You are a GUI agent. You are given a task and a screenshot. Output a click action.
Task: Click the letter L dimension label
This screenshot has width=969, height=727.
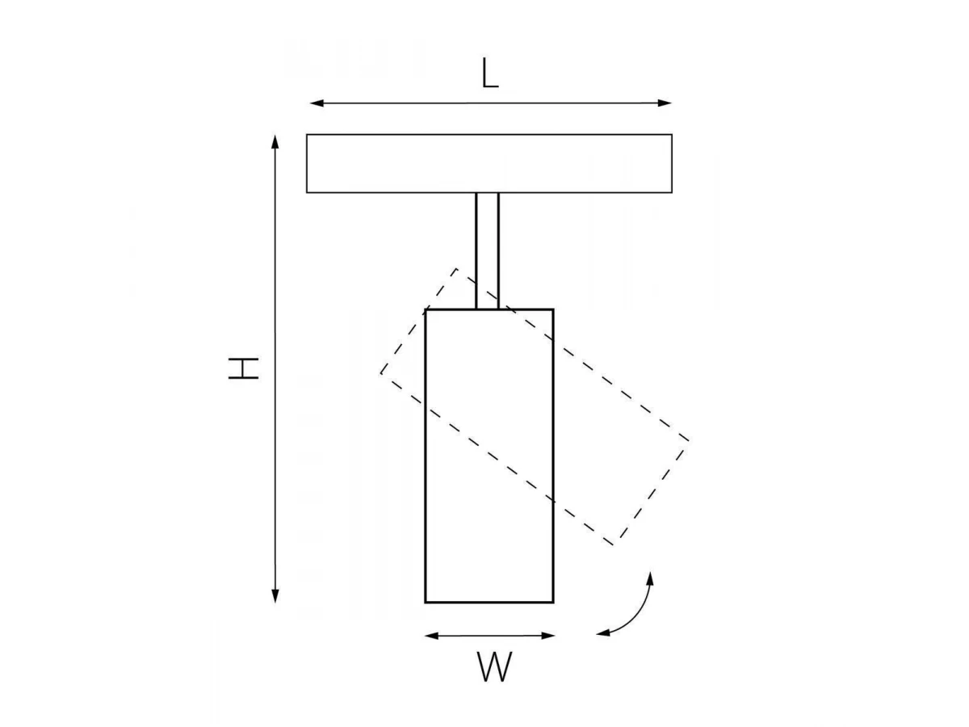[490, 73]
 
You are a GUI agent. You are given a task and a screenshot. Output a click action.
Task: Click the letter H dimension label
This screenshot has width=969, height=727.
[243, 368]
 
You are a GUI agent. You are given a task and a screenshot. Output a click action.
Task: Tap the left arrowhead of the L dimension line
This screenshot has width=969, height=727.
[317, 103]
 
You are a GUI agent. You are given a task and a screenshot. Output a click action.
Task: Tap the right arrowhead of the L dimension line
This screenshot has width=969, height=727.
[665, 103]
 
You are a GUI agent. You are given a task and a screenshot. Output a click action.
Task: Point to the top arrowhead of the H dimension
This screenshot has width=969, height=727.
[275, 141]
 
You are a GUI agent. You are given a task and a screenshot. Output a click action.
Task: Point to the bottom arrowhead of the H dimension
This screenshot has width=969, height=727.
[275, 596]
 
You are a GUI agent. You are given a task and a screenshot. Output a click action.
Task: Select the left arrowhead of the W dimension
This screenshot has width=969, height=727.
[431, 636]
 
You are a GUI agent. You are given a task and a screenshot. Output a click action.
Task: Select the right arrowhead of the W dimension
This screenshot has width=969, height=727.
[548, 636]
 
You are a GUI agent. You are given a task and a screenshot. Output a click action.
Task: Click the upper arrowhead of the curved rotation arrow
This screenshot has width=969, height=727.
[650, 578]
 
